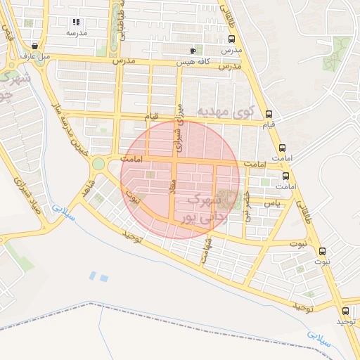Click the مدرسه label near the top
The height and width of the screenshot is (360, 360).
click(76, 33)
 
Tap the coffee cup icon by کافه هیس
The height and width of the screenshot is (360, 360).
click(193, 51)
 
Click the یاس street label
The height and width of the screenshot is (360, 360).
click(272, 202)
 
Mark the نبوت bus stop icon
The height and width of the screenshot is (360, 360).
click(322, 251)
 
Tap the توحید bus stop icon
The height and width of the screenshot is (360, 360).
click(345, 311)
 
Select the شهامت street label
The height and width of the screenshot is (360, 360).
click(207, 250)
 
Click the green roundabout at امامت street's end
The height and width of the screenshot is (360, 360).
click(98, 164)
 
